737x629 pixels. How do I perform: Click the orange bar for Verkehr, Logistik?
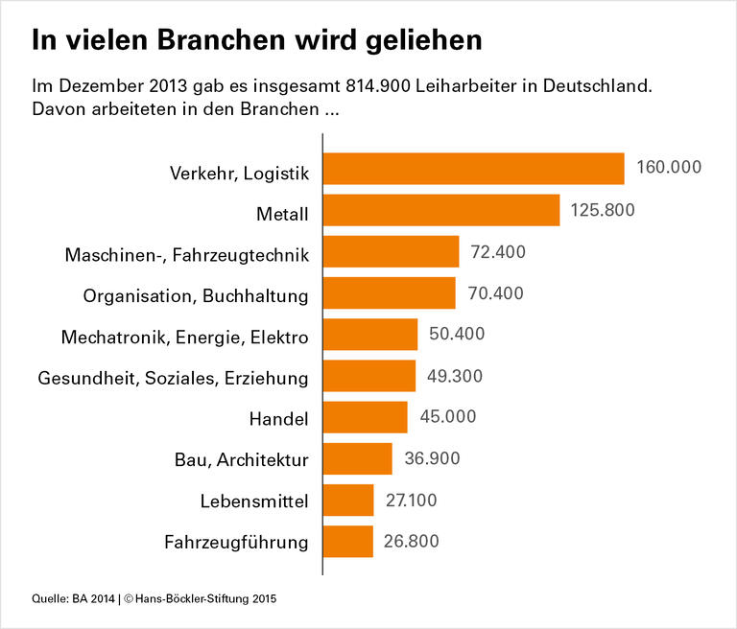click(x=474, y=168)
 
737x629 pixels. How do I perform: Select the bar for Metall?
click(x=441, y=210)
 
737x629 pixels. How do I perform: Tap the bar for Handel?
click(x=366, y=417)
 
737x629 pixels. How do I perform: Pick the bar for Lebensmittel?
click(x=348, y=500)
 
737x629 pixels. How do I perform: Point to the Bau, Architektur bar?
click(x=358, y=458)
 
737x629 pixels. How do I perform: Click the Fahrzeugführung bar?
click(x=348, y=541)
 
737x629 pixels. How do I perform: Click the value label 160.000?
click(x=669, y=168)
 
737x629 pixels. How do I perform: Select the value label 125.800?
click(x=604, y=210)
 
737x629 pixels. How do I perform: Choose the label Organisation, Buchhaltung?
click(x=196, y=296)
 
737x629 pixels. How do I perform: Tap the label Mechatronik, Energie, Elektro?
click(x=184, y=338)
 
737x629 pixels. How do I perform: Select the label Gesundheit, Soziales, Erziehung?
click(x=173, y=379)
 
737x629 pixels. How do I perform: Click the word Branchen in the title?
click(x=200, y=41)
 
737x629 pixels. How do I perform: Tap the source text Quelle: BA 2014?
click(x=65, y=600)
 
